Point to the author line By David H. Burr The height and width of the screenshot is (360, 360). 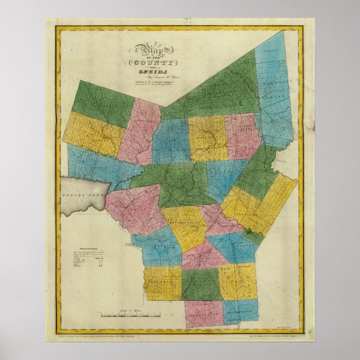click(x=148, y=77)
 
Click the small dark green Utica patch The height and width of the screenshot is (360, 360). click(x=247, y=231)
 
